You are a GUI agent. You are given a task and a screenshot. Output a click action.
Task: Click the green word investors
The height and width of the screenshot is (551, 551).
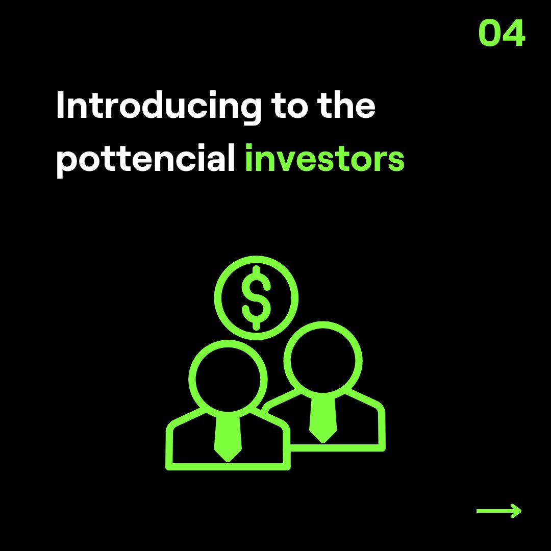[x=324, y=159]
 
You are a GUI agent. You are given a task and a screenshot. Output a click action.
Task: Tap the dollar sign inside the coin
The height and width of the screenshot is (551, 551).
[x=256, y=298]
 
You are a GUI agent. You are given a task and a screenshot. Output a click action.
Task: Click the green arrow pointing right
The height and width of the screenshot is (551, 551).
[x=499, y=511]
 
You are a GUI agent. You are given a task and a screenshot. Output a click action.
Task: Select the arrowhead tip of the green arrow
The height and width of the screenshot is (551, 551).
[x=520, y=511]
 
